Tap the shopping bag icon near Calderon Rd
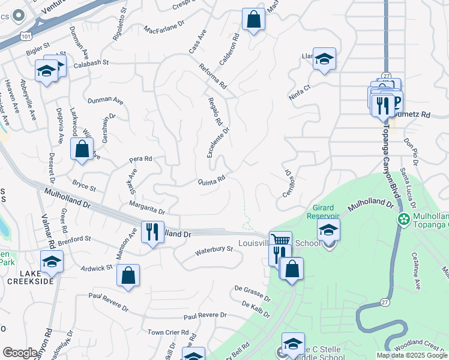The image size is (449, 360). (254, 19)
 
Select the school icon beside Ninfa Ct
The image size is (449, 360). (324, 59)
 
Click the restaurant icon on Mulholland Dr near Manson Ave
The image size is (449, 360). (152, 232)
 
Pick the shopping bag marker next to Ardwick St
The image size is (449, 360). (128, 276)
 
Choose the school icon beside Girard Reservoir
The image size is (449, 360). (328, 229)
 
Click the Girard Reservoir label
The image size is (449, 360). (323, 211)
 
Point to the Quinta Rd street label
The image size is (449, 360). (212, 179)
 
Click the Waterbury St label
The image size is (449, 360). (214, 250)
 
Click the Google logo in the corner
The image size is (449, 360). (20, 353)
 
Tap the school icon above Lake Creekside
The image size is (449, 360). (52, 262)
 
